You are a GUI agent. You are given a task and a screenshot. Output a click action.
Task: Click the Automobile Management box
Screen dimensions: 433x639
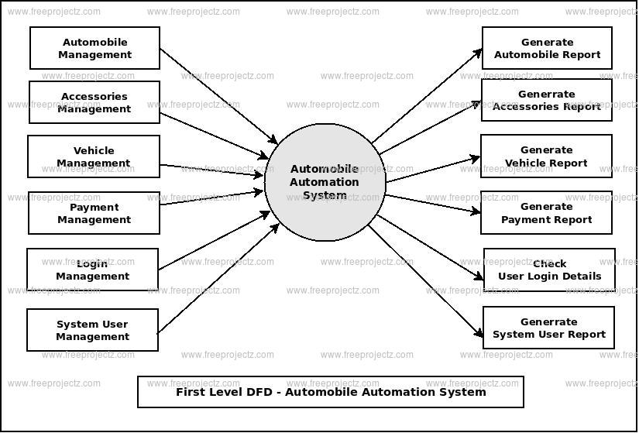(94, 48)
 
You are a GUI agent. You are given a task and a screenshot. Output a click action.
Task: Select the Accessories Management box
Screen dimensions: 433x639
(94, 102)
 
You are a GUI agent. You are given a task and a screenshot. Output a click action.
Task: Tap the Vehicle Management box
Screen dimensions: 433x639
(94, 156)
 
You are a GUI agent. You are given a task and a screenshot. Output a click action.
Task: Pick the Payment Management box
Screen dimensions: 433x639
(94, 213)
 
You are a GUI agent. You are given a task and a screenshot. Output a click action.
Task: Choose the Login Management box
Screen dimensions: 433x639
(92, 270)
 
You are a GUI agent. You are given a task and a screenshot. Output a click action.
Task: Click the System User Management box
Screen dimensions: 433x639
(92, 330)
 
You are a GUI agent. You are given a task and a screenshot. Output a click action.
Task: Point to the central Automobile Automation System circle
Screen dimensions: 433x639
(325, 182)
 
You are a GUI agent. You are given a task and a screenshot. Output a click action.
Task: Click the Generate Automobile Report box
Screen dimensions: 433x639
(547, 48)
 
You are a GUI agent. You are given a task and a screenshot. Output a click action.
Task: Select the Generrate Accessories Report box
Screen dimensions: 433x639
(546, 100)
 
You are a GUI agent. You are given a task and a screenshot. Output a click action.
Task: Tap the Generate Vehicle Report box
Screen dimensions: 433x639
(546, 156)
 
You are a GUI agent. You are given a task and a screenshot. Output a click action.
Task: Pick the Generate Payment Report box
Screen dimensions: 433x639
(546, 213)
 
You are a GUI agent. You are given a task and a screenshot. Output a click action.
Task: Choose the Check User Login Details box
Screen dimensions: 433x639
(549, 270)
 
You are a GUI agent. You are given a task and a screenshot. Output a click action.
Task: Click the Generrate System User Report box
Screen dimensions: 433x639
(548, 328)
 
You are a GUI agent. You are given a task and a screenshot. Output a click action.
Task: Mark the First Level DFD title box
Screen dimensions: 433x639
(331, 392)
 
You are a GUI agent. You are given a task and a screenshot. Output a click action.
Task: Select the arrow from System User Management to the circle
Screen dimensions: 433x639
(218, 272)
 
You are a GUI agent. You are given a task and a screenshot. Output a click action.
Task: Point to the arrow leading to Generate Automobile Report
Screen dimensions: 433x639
(426, 96)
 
